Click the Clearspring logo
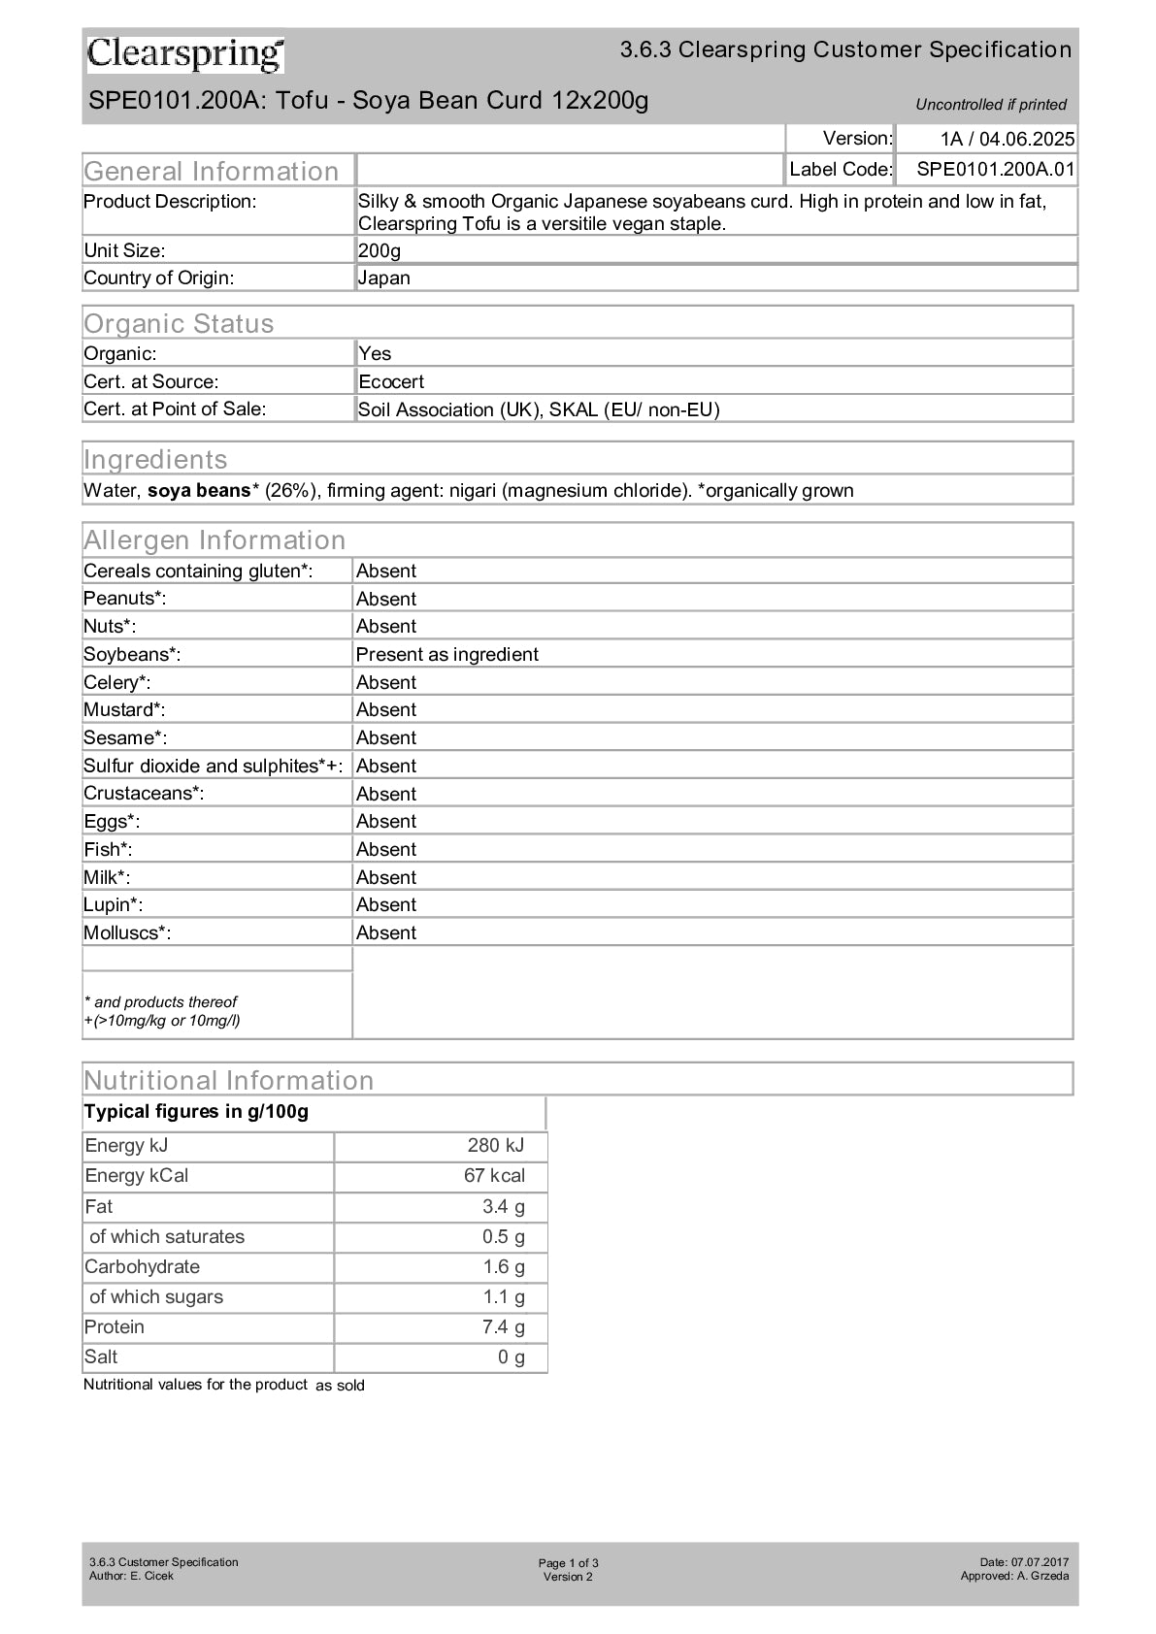185,54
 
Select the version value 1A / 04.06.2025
1007,139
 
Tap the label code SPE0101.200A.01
995,169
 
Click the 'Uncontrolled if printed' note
990,105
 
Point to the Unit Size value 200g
380,250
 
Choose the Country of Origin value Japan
384,278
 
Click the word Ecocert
391,381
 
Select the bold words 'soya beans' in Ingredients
199,490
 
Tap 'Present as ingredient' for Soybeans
446,654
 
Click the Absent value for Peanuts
386,599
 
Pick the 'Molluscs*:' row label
127,932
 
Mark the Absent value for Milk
386,877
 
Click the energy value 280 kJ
495,1145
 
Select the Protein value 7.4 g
503,1326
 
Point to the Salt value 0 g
511,1356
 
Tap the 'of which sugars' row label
156,1296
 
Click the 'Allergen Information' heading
215,539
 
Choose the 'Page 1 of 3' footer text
568,1562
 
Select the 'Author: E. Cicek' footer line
131,1576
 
